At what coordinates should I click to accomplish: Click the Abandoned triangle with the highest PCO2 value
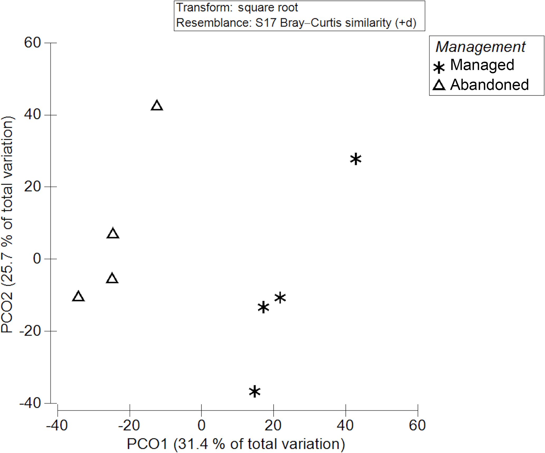pos(157,106)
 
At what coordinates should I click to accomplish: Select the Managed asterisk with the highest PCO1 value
pos(356,159)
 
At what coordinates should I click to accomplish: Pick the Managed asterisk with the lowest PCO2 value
pos(255,392)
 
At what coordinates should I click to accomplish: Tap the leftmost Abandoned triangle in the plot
pos(78,297)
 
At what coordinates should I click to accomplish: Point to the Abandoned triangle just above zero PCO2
pos(113,233)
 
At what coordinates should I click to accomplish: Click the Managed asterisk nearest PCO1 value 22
pos(280,298)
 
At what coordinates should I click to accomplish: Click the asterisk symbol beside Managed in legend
pos(439,68)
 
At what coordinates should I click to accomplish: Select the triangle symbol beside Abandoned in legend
pos(439,85)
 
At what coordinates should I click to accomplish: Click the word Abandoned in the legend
pos(489,85)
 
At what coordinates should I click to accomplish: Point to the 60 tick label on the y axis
pos(32,42)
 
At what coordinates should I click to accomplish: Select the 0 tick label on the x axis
pos(201,425)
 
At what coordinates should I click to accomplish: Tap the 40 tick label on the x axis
pos(345,425)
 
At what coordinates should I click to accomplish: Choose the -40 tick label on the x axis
pos(57,425)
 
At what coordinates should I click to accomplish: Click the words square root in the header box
pos(268,8)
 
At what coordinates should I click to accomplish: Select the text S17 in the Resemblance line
pos(266,23)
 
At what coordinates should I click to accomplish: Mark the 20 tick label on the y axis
pos(32,187)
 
